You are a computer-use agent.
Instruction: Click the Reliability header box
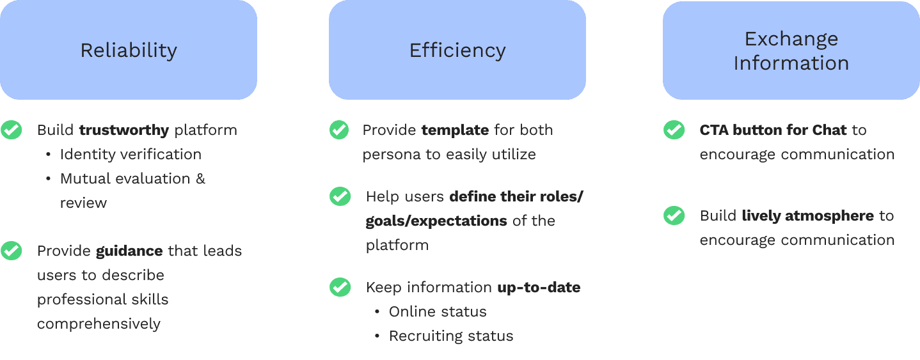[129, 50]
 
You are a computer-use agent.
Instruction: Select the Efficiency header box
[457, 50]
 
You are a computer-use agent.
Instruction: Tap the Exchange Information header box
[791, 50]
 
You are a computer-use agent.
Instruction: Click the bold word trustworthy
[124, 130]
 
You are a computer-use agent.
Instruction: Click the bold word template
[455, 130]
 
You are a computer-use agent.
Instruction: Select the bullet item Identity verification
[131, 155]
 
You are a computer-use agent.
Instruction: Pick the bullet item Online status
[438, 312]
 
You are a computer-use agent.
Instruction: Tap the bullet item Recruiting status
[451, 336]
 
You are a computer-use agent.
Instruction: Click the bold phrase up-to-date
[539, 288]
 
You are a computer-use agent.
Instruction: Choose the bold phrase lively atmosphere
[807, 216]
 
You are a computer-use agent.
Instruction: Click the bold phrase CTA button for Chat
[773, 130]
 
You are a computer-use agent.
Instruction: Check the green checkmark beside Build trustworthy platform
[11, 130]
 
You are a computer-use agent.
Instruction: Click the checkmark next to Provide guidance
[11, 250]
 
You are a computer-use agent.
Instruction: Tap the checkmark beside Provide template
[339, 130]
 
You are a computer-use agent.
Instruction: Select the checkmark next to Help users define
[340, 196]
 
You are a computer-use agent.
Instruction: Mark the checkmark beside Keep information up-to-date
[340, 287]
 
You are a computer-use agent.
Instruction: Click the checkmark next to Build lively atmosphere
[674, 215]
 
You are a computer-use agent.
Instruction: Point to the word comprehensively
[99, 324]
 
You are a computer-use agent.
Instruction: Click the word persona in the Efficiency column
[387, 155]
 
